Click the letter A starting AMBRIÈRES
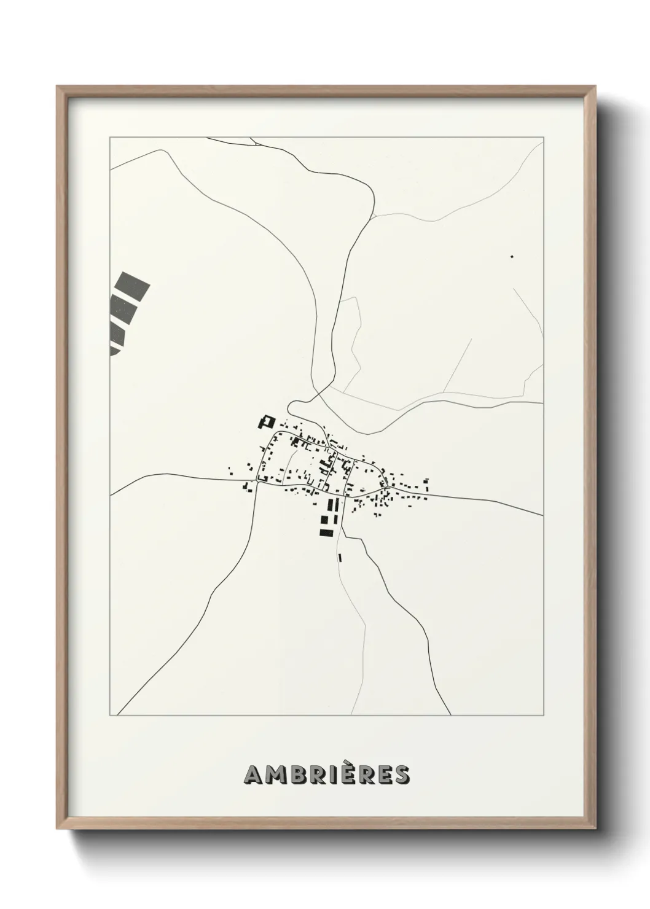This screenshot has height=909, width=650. coord(254,775)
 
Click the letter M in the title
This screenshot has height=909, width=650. coord(276,775)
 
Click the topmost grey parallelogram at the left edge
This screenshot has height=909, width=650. coord(135,285)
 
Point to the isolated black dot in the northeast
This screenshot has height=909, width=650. coord(512,256)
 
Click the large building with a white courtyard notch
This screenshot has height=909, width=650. coord(267,423)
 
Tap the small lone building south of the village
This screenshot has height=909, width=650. coord(339,557)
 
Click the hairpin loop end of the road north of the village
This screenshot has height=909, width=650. coord(291,407)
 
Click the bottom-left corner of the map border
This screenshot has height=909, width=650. coord(110,716)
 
